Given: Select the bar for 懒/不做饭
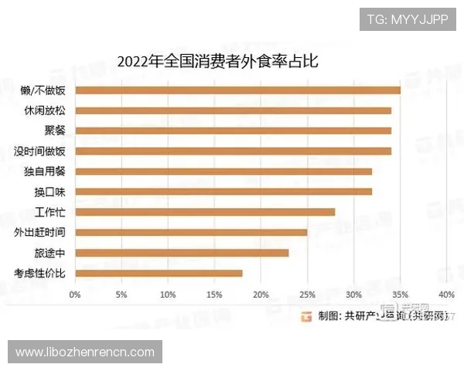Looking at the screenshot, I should coord(237,90).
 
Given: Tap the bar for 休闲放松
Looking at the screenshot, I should coord(233,111).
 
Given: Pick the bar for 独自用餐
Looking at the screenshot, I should coord(223,171).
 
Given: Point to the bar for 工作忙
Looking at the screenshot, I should coord(205,212).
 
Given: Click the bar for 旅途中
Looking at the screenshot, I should coord(182,252).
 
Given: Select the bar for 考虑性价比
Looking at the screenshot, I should coord(159,272).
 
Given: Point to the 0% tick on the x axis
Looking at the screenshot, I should coord(75,294).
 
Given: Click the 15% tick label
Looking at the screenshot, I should coord(214,294).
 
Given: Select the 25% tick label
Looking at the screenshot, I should coord(307,294).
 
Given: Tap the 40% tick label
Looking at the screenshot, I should coord(446,294).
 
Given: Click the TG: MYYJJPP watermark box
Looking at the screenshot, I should coord(408,19).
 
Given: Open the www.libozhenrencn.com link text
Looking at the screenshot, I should coord(86,352).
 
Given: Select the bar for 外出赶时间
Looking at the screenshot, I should coord(191,232).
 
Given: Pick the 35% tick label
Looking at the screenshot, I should coord(400,294).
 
